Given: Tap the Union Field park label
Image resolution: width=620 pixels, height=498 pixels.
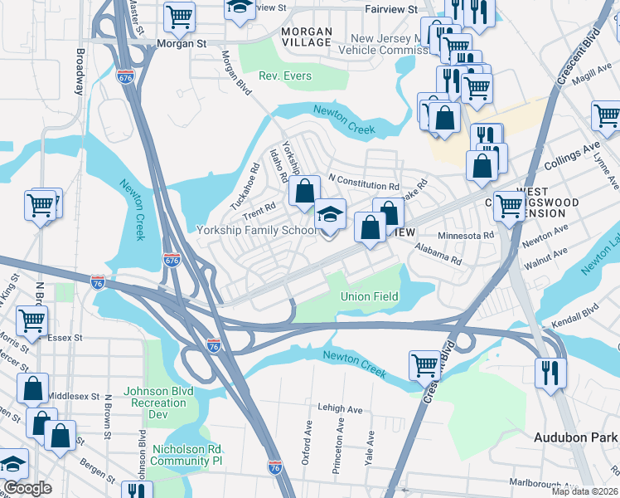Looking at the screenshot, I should (x=370, y=296).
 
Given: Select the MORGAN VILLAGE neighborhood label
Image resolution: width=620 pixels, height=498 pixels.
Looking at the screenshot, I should (x=307, y=37).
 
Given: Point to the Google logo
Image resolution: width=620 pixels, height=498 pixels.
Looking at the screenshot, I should (x=27, y=488).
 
